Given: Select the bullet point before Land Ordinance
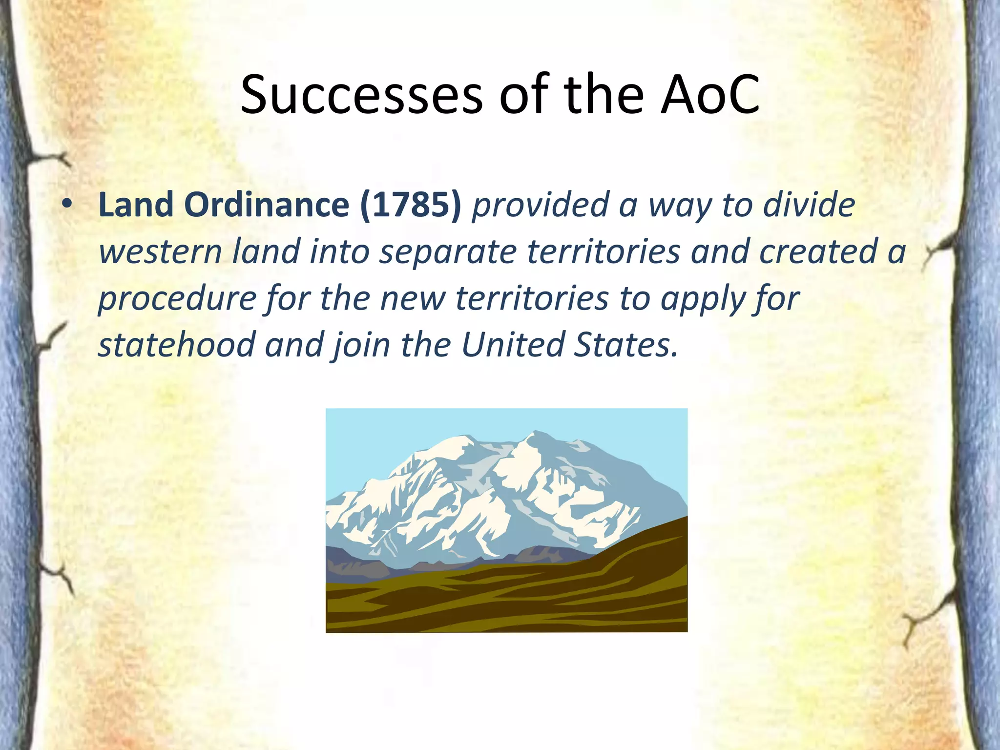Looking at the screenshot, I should click(x=67, y=204).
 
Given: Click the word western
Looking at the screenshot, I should click(x=160, y=252).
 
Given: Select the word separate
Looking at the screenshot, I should click(x=448, y=252).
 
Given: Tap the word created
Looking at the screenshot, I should click(x=818, y=252).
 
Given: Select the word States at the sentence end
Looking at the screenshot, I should click(x=625, y=345).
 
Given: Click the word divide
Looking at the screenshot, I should click(x=809, y=205).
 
